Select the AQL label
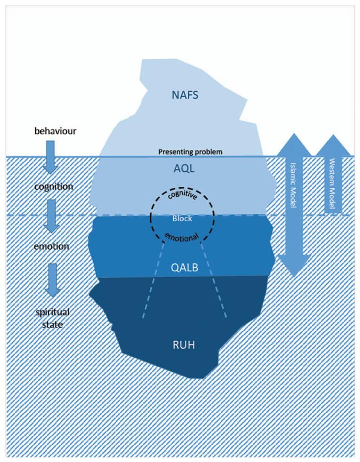tap(184, 169)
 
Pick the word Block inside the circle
tap(182, 219)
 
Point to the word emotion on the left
tap(51, 246)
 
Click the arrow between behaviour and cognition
tap(50, 157)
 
